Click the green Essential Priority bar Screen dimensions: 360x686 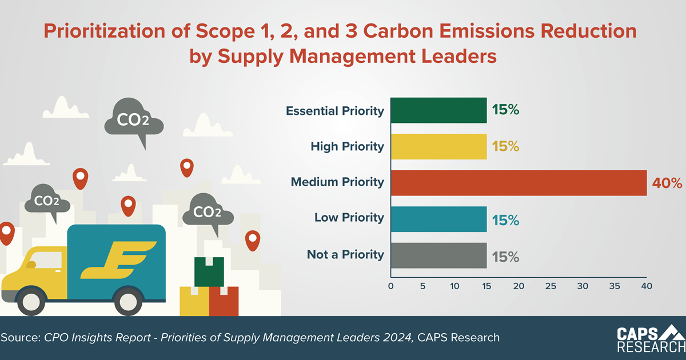pos(438,111)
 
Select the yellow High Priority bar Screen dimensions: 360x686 pos(438,146)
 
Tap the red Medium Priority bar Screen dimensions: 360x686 pos(519,183)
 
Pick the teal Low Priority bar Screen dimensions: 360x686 pos(438,218)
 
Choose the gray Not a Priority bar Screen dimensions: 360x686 pos(438,255)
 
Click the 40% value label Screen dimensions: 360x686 pos(667,183)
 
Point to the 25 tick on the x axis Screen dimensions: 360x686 pos(551,285)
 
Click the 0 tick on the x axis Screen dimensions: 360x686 pos(391,285)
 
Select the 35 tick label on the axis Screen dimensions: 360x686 pos(615,285)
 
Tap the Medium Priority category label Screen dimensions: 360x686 pos(337,182)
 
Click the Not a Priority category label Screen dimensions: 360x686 pos(345,254)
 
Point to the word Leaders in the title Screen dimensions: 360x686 pos(449,57)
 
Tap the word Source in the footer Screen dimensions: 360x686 pos(20,338)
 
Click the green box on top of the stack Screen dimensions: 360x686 pos(209,271)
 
